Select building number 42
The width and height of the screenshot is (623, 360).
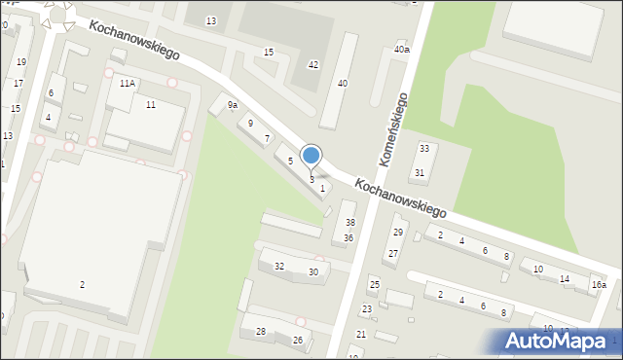pos(312,64)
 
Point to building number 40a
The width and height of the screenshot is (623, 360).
pos(401,49)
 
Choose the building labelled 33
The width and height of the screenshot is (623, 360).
pos(423,148)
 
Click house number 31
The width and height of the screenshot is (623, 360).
pos(420,172)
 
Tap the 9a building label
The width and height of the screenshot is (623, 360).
pos(233,105)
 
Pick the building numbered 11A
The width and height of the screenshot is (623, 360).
pos(128,84)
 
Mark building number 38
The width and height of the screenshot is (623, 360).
pos(350,223)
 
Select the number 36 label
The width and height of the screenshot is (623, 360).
pos(348,237)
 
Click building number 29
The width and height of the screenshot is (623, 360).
pos(397,232)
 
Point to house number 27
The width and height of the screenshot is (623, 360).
pos(392,253)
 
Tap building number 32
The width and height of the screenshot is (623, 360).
pos(279,266)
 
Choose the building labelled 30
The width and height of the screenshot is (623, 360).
pos(313,271)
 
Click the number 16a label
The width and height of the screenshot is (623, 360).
pos(598,285)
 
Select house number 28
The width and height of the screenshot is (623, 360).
pos(261,332)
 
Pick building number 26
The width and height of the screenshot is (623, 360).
pos(298,340)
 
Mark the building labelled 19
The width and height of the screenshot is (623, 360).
pos(21,61)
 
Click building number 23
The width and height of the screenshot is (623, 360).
pos(367,309)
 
